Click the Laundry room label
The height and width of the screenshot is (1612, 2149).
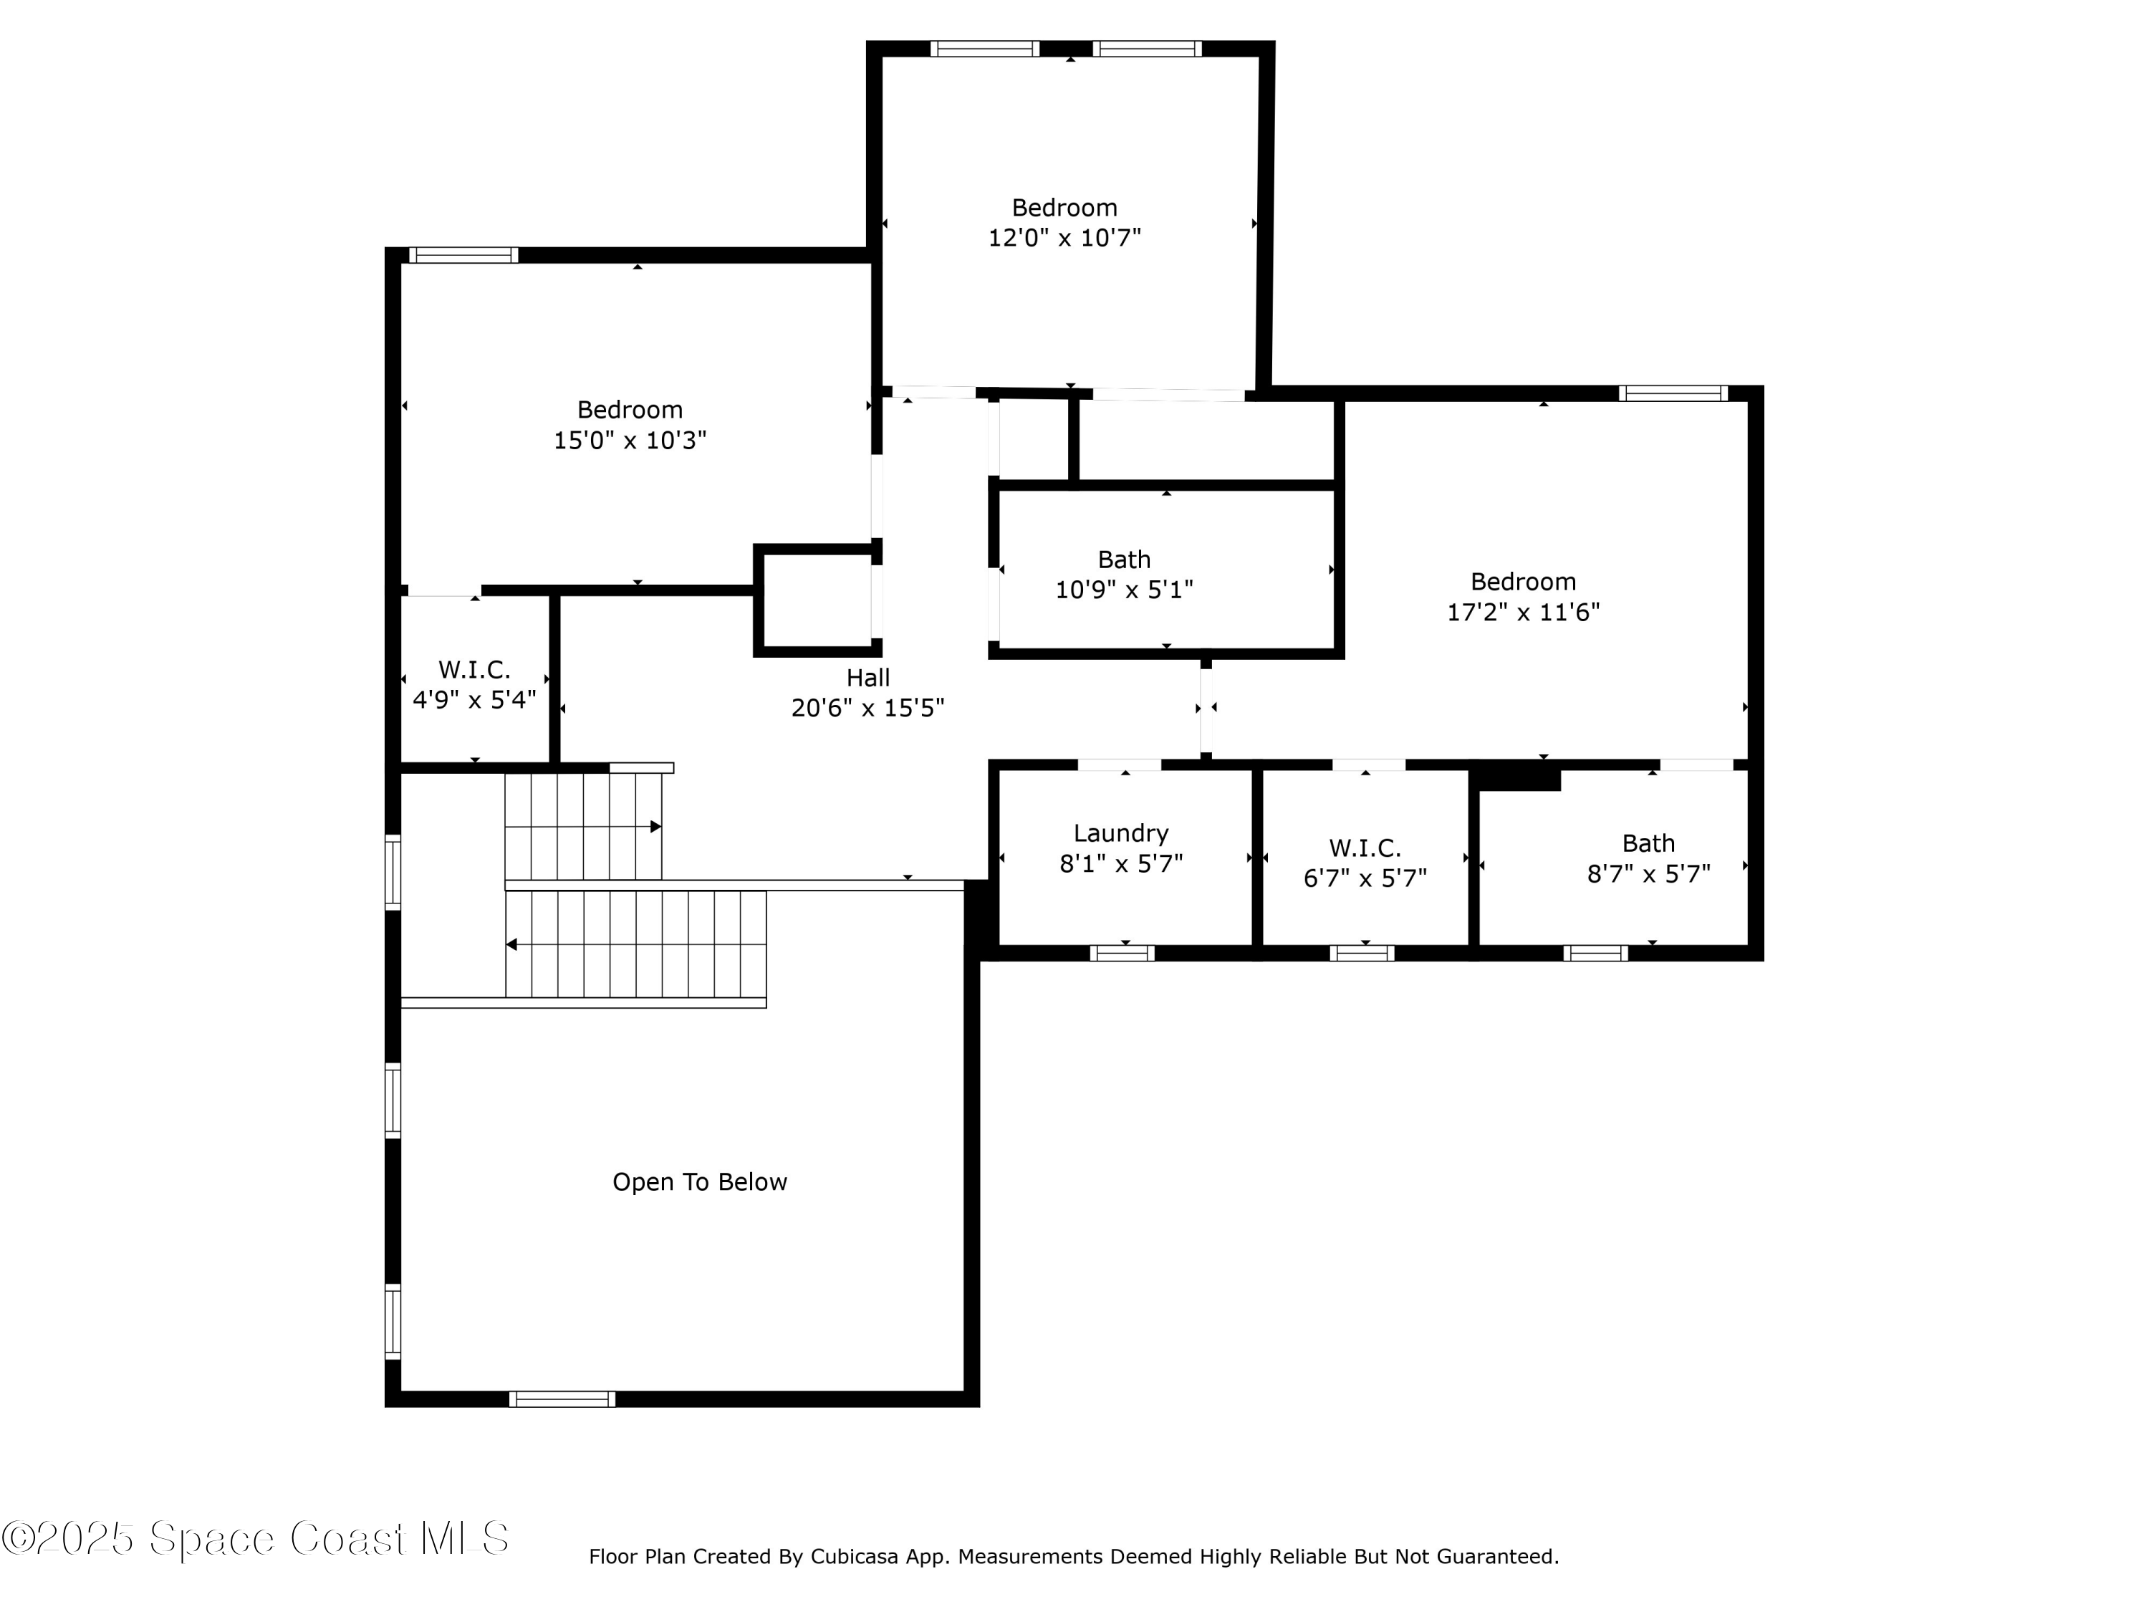coord(1120,833)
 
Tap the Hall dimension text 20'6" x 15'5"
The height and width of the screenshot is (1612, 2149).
coord(867,707)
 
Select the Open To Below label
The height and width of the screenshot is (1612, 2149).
coord(698,1181)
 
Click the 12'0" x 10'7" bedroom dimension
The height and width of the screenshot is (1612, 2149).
coord(1064,238)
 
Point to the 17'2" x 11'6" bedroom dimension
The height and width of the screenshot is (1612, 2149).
coord(1522,612)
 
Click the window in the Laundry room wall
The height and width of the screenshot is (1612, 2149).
coord(1122,953)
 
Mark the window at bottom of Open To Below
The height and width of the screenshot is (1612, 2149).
coord(562,1399)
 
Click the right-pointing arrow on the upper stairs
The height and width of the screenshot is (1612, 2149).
coord(655,827)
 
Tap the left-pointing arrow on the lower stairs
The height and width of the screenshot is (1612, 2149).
coord(511,944)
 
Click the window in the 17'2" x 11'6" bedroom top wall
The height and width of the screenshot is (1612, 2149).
coord(1672,393)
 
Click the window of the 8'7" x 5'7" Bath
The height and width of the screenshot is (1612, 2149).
coord(1595,953)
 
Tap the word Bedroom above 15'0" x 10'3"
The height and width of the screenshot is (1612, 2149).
coord(630,410)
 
